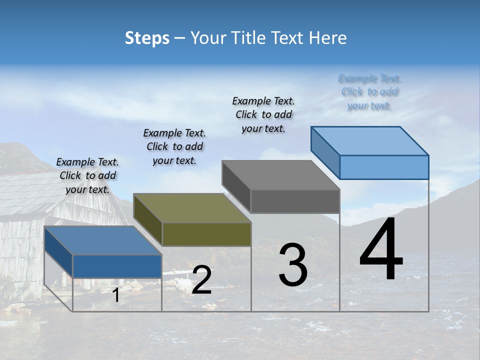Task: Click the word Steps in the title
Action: pos(147,38)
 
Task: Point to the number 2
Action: pos(201,280)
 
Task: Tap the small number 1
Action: pos(116,295)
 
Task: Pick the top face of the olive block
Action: pos(192,208)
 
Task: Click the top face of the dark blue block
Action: pos(103,240)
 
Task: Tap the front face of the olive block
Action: pos(206,234)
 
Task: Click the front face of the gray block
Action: pos(295,201)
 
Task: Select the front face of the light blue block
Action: pos(384,167)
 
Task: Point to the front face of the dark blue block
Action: pos(117,266)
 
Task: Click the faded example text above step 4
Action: pos(369,92)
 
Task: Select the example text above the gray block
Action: pos(263,114)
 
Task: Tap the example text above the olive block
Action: pos(174,146)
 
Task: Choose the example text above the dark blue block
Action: pos(87,175)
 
